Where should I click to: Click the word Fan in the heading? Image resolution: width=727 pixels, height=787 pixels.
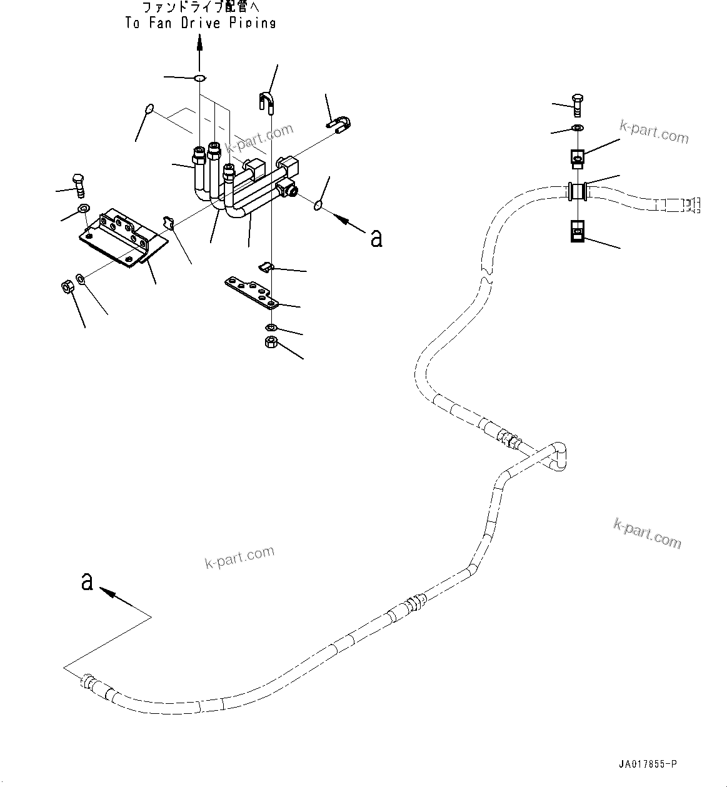tap(160, 23)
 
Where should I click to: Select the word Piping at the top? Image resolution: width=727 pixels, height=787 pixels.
tap(253, 23)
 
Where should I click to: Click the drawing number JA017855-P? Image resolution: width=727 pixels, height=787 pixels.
tap(648, 764)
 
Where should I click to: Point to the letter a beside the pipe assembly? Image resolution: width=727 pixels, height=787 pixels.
tap(376, 239)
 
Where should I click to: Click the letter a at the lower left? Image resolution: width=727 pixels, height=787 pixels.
tap(87, 581)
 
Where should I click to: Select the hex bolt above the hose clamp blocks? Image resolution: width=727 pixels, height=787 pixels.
tap(578, 105)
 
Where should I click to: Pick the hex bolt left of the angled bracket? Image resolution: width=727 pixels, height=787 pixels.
tap(79, 186)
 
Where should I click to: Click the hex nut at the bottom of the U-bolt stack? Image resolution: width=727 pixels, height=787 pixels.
tap(271, 342)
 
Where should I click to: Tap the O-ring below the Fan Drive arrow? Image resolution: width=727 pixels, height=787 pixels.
tap(200, 78)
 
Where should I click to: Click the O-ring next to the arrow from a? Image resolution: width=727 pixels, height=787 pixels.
tap(317, 205)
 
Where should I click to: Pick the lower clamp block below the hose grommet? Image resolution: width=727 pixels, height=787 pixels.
tap(577, 231)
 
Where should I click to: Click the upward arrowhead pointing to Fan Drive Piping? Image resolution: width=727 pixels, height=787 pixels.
tap(199, 42)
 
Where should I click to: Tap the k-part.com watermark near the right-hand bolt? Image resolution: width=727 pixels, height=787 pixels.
tap(654, 132)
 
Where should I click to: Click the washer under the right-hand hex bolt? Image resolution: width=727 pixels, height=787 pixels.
tap(578, 128)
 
